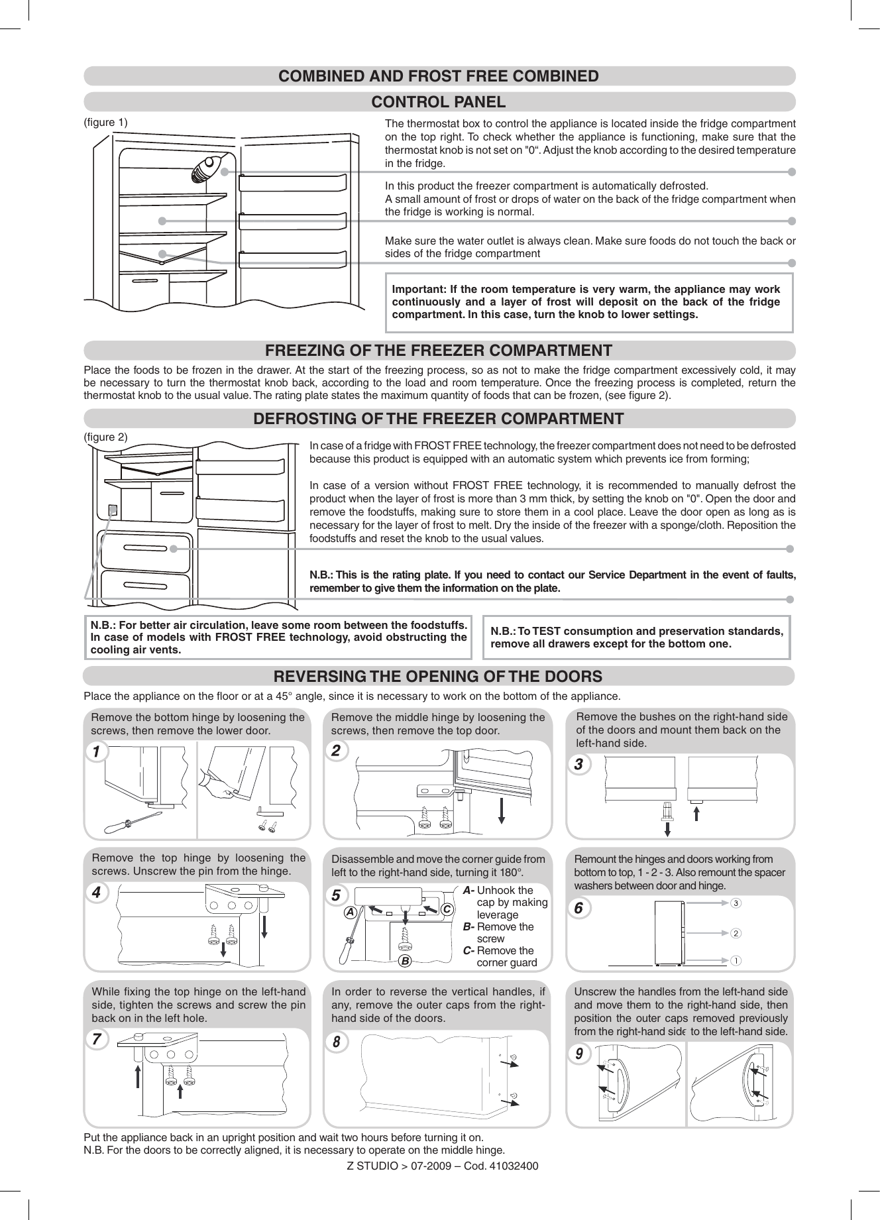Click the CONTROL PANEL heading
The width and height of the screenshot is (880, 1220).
tap(439, 102)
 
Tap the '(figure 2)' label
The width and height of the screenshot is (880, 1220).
tap(105, 437)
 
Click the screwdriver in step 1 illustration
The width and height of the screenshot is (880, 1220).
tap(133, 822)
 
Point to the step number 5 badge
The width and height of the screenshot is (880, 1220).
tap(336, 895)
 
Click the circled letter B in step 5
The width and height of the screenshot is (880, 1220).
tap(405, 960)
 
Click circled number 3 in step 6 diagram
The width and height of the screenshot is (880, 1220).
tap(736, 903)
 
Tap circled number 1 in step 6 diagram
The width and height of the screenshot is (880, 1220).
tap(736, 960)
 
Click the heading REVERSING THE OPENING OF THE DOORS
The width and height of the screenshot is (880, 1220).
tap(439, 677)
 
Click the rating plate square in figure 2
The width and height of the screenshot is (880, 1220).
tap(113, 510)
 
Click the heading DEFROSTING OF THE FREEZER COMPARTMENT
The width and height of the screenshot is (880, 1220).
tap(439, 419)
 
